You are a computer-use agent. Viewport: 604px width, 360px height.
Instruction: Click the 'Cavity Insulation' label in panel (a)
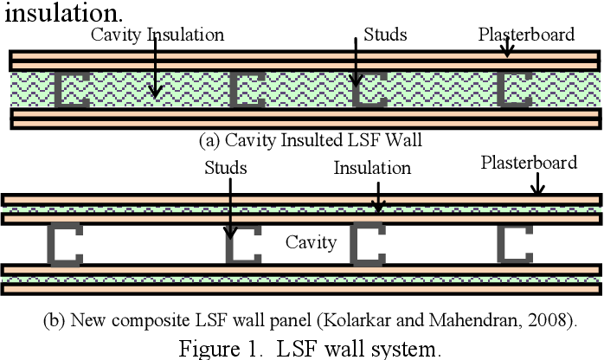[157, 35]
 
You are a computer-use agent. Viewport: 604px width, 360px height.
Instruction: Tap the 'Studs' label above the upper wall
[385, 35]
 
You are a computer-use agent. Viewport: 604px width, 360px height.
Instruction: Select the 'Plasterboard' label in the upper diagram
[526, 35]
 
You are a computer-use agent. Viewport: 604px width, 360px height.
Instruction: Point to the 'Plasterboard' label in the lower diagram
[529, 163]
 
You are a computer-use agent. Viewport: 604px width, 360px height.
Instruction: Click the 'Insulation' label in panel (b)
[372, 168]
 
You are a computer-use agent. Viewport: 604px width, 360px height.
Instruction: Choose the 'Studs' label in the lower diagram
[226, 168]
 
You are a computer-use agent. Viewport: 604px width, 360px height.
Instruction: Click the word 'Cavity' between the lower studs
[312, 242]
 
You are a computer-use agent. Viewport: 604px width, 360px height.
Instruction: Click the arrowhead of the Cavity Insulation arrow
[155, 93]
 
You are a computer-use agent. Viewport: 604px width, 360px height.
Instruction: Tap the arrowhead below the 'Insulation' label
[378, 208]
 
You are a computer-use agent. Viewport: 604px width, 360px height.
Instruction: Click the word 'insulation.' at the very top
[64, 12]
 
